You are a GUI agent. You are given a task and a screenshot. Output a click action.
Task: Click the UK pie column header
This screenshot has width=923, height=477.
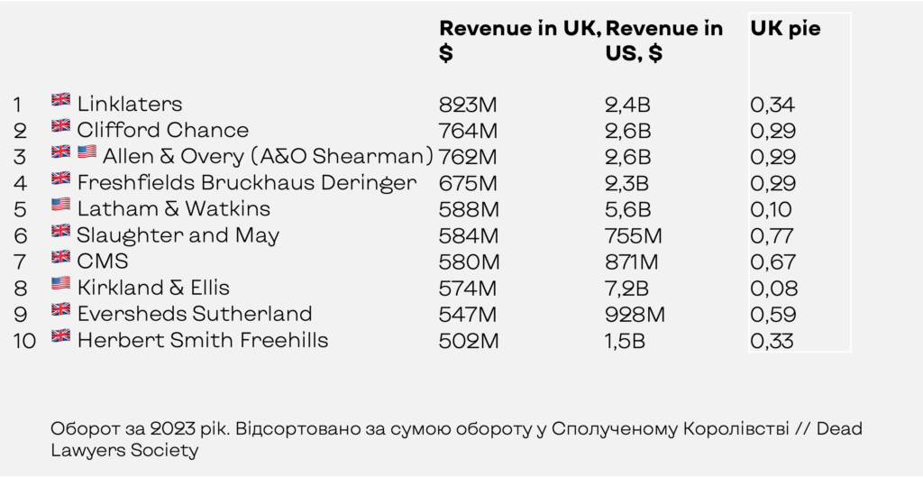[x=785, y=28]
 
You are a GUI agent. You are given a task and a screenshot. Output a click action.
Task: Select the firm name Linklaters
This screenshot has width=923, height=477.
[x=130, y=105]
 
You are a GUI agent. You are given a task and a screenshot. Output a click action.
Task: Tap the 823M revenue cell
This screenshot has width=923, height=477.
[x=468, y=105]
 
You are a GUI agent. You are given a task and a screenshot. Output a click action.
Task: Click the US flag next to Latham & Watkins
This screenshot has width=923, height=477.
[x=60, y=205]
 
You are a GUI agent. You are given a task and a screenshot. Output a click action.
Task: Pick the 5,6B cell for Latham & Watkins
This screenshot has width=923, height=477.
[x=627, y=209]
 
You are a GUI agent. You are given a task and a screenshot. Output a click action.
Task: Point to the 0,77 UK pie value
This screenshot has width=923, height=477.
[x=772, y=235]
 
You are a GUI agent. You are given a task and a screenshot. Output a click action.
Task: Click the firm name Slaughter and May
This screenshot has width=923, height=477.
[x=178, y=235]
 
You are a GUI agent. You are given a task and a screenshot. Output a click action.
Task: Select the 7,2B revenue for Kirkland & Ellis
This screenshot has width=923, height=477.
[x=627, y=288]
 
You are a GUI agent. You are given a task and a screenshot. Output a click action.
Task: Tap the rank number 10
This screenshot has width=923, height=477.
[x=24, y=341]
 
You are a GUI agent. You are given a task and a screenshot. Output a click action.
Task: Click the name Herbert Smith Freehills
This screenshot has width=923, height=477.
[x=203, y=340]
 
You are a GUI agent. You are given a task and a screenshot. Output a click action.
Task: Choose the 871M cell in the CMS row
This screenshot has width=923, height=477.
[x=632, y=262]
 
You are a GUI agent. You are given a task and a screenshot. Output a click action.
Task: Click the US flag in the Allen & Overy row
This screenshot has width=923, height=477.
[x=87, y=151]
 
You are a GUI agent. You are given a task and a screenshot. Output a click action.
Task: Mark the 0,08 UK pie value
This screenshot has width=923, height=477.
[x=774, y=288]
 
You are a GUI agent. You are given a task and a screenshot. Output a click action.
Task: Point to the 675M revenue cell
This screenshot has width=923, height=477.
[x=468, y=183]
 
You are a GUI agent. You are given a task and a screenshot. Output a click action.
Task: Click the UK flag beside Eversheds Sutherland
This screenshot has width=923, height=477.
[x=60, y=309]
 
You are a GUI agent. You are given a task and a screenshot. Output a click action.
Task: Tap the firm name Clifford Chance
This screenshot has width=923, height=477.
[x=163, y=130]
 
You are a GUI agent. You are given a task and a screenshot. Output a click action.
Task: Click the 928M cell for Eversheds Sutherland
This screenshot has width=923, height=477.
[x=635, y=315]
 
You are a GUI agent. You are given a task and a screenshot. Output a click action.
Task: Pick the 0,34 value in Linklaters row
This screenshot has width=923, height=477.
[x=772, y=105]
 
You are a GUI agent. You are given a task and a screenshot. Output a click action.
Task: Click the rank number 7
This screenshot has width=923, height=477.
[x=20, y=262]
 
